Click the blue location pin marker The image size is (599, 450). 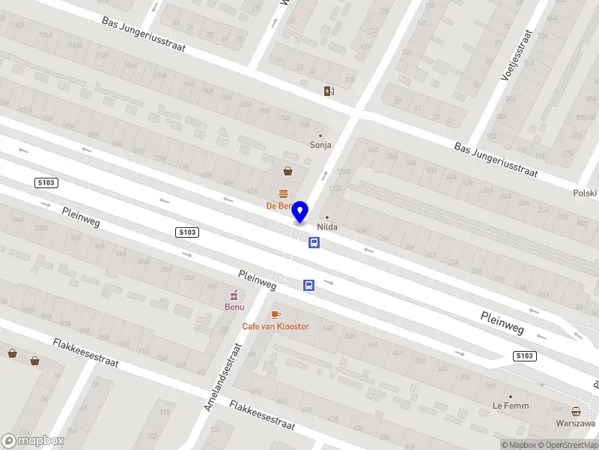click(300, 211)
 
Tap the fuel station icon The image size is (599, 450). click(329, 91)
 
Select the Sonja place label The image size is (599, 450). click(320, 145)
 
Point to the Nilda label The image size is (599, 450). click(326, 226)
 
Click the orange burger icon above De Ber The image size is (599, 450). click(284, 193)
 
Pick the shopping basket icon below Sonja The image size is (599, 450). click(288, 171)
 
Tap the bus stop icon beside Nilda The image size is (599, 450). click(314, 242)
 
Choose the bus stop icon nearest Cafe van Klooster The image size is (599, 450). click(308, 285)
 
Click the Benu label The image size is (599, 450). click(234, 307)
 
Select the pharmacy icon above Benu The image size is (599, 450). click(234, 294)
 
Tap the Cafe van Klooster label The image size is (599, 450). click(275, 326)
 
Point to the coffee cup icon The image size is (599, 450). click(275, 314)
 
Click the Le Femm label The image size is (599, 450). click(510, 406)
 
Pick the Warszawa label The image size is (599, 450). click(575, 422)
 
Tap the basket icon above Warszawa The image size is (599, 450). click(575, 410)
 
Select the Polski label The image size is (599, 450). click(584, 193)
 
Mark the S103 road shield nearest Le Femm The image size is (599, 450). click(525, 355)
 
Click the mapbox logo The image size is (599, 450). click(33, 441)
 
